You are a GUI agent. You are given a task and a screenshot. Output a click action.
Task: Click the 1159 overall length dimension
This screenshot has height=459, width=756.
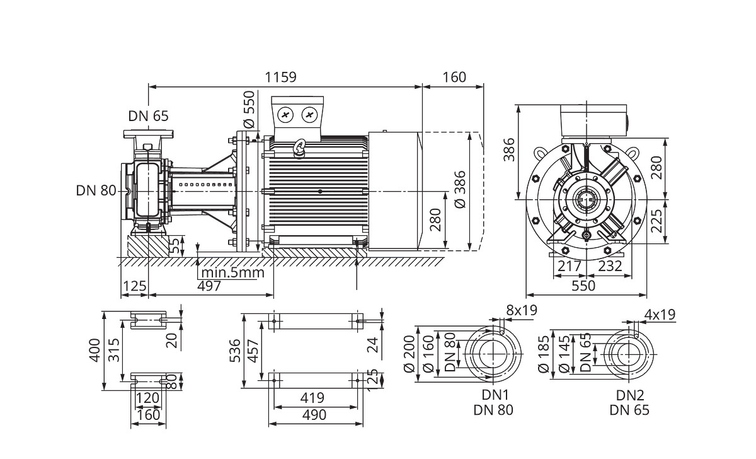pyautogui.click(x=280, y=77)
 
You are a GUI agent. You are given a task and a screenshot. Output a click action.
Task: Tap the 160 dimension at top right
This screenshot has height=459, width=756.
pyautogui.click(x=454, y=77)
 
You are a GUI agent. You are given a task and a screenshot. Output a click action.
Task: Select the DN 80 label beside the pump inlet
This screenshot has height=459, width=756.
pyautogui.click(x=96, y=190)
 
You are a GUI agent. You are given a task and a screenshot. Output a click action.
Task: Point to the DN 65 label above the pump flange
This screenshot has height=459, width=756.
pyautogui.click(x=149, y=116)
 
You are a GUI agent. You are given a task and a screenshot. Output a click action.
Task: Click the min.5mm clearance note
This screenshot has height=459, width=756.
pyautogui.click(x=231, y=272)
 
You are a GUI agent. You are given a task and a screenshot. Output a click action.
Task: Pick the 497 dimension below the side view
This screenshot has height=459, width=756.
pyautogui.click(x=209, y=286)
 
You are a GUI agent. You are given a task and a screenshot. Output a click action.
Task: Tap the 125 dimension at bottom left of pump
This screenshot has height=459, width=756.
pyautogui.click(x=134, y=286)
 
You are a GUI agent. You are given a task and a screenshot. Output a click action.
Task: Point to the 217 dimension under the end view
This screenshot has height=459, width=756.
pyautogui.click(x=570, y=266)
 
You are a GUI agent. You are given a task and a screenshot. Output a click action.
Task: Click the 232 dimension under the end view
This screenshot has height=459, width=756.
pyautogui.click(x=610, y=266)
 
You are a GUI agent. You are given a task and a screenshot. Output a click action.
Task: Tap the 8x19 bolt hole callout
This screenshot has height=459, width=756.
pyautogui.click(x=521, y=311)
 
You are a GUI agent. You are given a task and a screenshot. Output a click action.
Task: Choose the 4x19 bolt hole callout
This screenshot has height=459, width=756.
pyautogui.click(x=660, y=313)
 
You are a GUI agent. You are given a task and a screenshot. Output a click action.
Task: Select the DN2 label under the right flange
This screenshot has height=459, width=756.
pyautogui.click(x=629, y=395)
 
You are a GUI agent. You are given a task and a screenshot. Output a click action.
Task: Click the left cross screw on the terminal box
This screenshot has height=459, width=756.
pyautogui.click(x=286, y=115)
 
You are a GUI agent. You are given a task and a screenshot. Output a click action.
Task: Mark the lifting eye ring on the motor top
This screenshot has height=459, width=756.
pyautogui.click(x=300, y=147)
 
